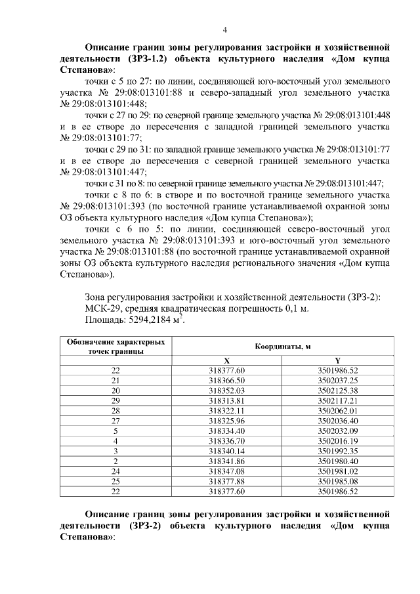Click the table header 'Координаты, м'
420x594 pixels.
(x=282, y=347)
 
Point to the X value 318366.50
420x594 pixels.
(x=226, y=380)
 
